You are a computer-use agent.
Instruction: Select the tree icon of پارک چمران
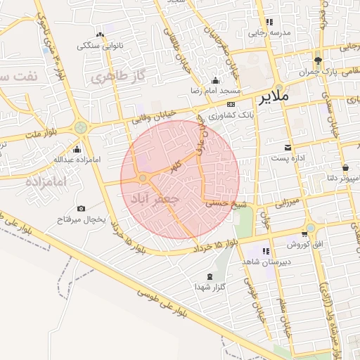click(x=319, y=61)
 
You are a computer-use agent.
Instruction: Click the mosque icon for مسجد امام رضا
click(x=215, y=81)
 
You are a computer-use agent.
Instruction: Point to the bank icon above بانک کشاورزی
click(x=230, y=103)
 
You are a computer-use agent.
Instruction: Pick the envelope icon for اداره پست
click(x=288, y=148)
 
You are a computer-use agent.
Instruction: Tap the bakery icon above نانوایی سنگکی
click(x=99, y=35)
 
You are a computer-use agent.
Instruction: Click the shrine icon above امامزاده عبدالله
click(x=77, y=149)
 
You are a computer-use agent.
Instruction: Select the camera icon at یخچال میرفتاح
click(x=81, y=209)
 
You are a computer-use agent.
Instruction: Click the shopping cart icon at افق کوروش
click(x=304, y=233)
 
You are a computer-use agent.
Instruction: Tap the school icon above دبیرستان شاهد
click(x=266, y=251)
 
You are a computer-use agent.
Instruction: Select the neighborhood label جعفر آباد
click(x=155, y=199)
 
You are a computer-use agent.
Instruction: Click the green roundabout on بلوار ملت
click(x=81, y=127)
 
